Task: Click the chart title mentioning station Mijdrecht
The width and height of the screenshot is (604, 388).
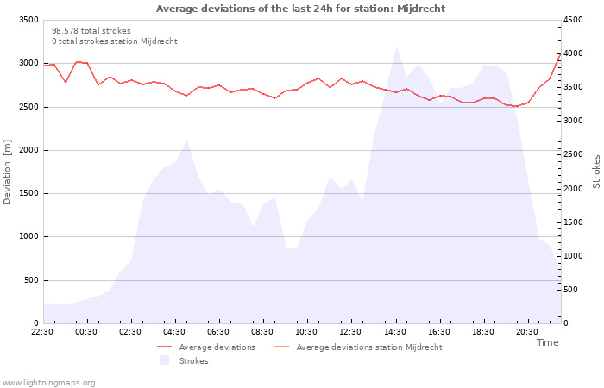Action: (x=300, y=9)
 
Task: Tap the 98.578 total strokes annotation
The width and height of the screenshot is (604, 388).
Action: (x=91, y=31)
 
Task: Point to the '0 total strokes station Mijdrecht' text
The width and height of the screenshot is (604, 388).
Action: (x=115, y=41)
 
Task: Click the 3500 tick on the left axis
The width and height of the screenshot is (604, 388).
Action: (x=28, y=20)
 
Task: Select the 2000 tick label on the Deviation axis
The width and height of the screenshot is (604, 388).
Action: (x=28, y=150)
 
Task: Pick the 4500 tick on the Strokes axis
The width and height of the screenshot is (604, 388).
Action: (x=573, y=20)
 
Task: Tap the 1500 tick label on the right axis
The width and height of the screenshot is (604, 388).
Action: (x=573, y=222)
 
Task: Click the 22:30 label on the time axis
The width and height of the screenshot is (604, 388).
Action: (x=42, y=332)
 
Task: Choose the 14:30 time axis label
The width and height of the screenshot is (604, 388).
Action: (x=395, y=332)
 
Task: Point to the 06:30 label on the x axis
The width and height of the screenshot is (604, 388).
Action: (x=218, y=332)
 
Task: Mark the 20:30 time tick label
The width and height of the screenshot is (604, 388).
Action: (x=527, y=332)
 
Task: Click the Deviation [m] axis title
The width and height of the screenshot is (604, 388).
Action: (x=7, y=172)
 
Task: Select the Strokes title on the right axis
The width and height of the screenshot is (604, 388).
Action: (x=596, y=172)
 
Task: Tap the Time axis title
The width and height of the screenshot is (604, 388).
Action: (x=547, y=342)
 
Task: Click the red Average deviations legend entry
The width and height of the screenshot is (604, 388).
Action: (x=206, y=347)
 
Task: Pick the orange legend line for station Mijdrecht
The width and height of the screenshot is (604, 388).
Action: (x=281, y=347)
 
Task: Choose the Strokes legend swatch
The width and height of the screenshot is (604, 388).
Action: (x=165, y=360)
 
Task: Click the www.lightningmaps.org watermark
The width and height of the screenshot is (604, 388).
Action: (x=48, y=383)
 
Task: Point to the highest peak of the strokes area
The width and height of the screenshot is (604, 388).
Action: (x=396, y=47)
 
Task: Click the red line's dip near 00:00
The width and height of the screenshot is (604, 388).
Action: (x=66, y=82)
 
